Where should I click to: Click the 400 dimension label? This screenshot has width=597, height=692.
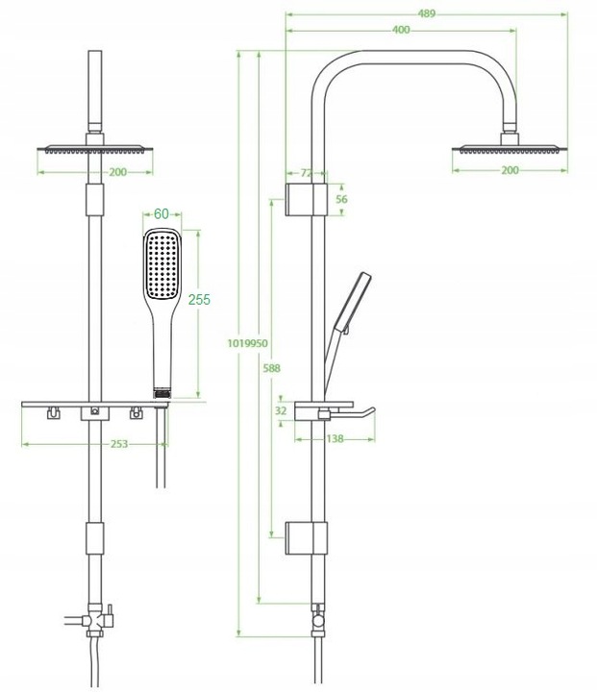pos(401,30)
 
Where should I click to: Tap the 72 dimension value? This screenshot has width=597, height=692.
pos(307,173)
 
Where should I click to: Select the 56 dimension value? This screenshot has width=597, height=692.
pos(341,199)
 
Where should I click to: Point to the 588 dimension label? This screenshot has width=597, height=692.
pos(271,367)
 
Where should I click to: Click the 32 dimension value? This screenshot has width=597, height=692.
pos(281,410)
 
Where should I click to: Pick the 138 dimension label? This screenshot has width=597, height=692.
pos(335,438)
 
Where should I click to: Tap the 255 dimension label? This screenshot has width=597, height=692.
pos(199,300)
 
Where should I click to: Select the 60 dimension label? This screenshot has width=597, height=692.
pos(161,213)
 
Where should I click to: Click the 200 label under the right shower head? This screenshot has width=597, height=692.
pos(510,170)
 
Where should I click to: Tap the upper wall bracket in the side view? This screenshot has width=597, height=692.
pos(307,198)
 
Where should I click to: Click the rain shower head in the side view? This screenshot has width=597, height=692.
pos(510,148)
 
